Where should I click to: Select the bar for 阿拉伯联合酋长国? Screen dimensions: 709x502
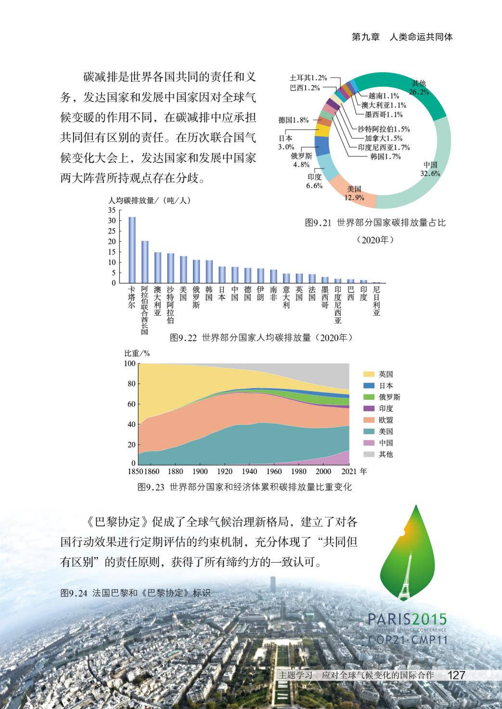click(145, 262)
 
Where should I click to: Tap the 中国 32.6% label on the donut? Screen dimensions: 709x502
click(430, 169)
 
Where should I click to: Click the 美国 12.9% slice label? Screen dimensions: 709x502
click(354, 193)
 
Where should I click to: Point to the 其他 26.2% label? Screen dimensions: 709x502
click(418, 88)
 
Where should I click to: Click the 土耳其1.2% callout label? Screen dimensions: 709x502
click(308, 77)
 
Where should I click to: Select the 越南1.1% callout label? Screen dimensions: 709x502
click(384, 96)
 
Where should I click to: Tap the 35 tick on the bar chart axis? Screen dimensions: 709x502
click(112, 210)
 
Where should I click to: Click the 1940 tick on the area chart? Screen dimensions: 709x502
click(249, 472)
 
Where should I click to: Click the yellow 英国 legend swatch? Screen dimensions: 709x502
click(369, 374)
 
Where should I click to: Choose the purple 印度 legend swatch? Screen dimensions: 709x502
click(369, 408)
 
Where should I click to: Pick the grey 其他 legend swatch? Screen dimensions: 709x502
click(369, 454)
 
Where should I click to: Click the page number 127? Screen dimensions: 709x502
click(456, 675)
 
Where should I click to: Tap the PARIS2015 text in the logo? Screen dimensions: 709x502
click(407, 619)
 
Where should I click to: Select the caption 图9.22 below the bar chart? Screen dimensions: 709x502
click(183, 338)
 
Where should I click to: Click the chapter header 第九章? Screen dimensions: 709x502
click(366, 37)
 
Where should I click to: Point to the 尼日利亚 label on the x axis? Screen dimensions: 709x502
click(376, 301)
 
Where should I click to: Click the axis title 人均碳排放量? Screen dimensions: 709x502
click(131, 200)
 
